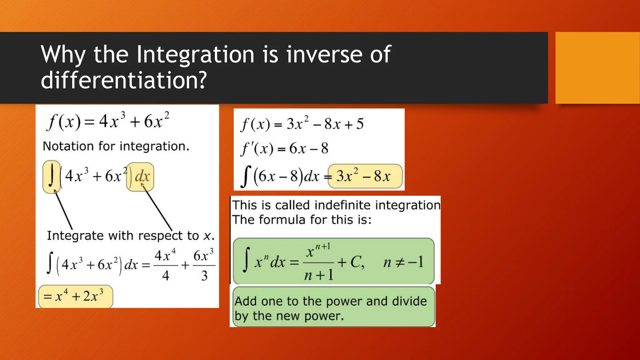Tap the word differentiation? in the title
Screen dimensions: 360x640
124,80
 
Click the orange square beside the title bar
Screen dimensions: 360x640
597,68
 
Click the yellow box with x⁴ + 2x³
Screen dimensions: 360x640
75,296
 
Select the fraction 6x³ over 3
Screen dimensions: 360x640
204,265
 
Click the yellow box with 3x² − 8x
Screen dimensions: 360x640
365,177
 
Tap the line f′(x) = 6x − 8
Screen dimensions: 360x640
284,148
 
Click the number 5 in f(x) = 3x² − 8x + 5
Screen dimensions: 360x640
360,124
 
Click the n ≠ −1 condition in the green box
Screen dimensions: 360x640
403,262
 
